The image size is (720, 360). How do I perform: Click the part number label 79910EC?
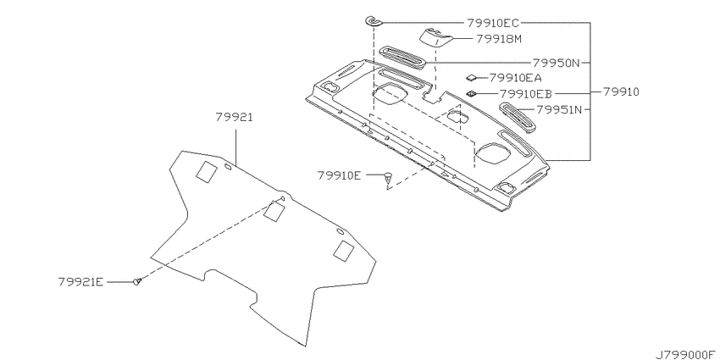(x=494, y=22)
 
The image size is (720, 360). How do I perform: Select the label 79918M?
(x=499, y=39)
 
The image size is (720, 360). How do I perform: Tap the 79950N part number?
(x=557, y=63)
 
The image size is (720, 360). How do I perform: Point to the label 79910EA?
(x=516, y=78)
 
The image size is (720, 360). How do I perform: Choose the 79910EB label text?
(x=526, y=94)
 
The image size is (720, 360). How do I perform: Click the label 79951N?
(x=559, y=110)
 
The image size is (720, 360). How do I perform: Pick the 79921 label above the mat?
(x=234, y=118)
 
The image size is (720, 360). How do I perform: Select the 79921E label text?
(x=80, y=281)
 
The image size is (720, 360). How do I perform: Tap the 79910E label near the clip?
(x=340, y=175)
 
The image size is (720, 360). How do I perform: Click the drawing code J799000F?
(x=685, y=354)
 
